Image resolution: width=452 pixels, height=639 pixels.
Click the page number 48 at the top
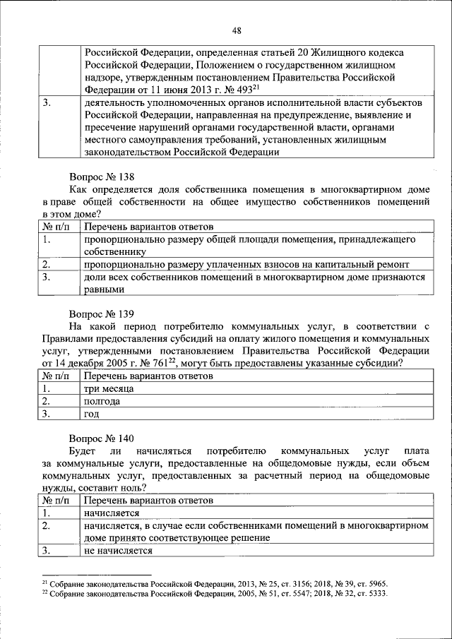236,30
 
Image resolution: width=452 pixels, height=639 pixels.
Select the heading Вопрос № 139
102,312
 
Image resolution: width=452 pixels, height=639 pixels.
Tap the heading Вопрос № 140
102,438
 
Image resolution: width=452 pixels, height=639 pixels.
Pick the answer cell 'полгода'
102,401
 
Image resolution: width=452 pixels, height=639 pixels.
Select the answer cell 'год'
90,414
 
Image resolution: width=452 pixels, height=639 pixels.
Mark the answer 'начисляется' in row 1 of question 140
111,513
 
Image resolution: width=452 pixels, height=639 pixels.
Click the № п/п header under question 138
56,227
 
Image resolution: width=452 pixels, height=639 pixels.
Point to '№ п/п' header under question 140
56,501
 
